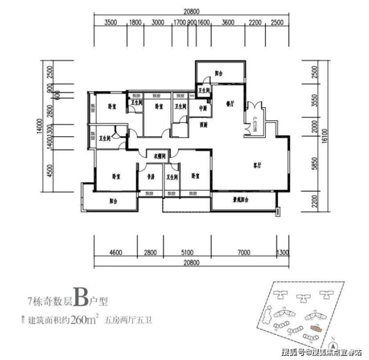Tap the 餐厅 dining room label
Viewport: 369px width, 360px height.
[230, 104]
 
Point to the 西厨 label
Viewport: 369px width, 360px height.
[203, 124]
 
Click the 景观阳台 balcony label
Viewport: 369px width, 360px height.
[241, 199]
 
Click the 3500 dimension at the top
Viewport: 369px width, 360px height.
[111, 22]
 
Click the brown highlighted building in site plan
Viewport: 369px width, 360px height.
[315, 328]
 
